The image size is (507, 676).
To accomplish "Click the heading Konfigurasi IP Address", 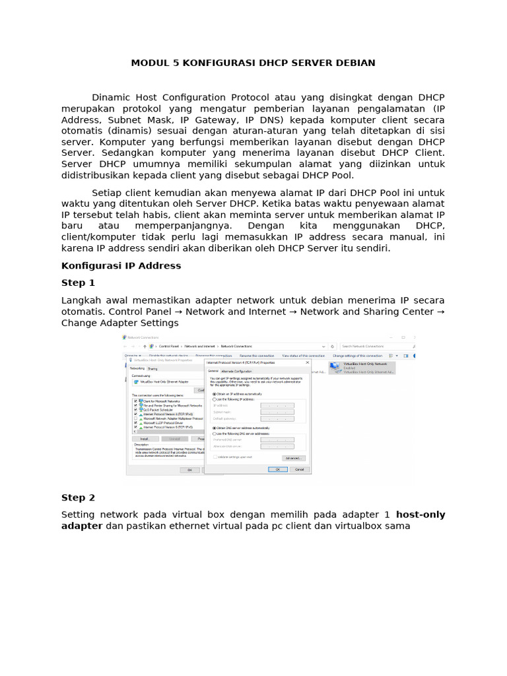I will click(x=121, y=265).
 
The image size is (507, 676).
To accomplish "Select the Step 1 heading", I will click(x=78, y=283).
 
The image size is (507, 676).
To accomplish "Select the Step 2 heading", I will click(x=78, y=497).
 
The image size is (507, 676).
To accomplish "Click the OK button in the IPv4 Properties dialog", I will click(x=277, y=469).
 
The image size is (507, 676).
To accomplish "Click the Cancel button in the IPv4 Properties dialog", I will click(x=298, y=469).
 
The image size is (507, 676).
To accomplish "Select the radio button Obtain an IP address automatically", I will click(x=214, y=394).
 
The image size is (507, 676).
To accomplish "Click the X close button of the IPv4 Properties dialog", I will click(x=307, y=362).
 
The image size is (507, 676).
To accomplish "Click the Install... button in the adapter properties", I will click(x=144, y=438).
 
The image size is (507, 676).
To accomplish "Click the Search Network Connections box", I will click(x=376, y=346).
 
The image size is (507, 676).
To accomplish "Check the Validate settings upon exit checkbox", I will click(x=214, y=457).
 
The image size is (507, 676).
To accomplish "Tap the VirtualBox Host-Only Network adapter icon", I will click(x=337, y=367).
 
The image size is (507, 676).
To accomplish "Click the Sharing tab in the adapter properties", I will click(x=152, y=368).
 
